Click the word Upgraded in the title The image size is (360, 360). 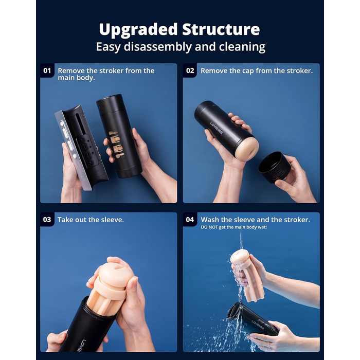click(138, 30)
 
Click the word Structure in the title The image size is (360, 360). click(221, 29)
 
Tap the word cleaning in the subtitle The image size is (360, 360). click(242, 47)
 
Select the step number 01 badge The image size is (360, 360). click(47, 70)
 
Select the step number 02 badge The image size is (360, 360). click(190, 70)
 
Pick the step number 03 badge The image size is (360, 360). click(47, 220)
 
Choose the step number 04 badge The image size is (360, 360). click(190, 220)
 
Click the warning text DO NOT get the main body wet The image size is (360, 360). click(233, 227)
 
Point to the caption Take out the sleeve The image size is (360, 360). click(91, 220)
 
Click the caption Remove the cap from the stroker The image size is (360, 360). click(257, 71)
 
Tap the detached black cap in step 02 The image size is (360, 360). click(275, 167)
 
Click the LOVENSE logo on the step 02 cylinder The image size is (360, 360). click(217, 128)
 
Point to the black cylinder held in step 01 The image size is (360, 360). click(119, 136)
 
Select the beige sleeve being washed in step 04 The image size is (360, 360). click(247, 276)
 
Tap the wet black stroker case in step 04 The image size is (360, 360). click(253, 319)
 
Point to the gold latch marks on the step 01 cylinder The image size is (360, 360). click(117, 144)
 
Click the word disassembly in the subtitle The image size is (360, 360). click(158, 47)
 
